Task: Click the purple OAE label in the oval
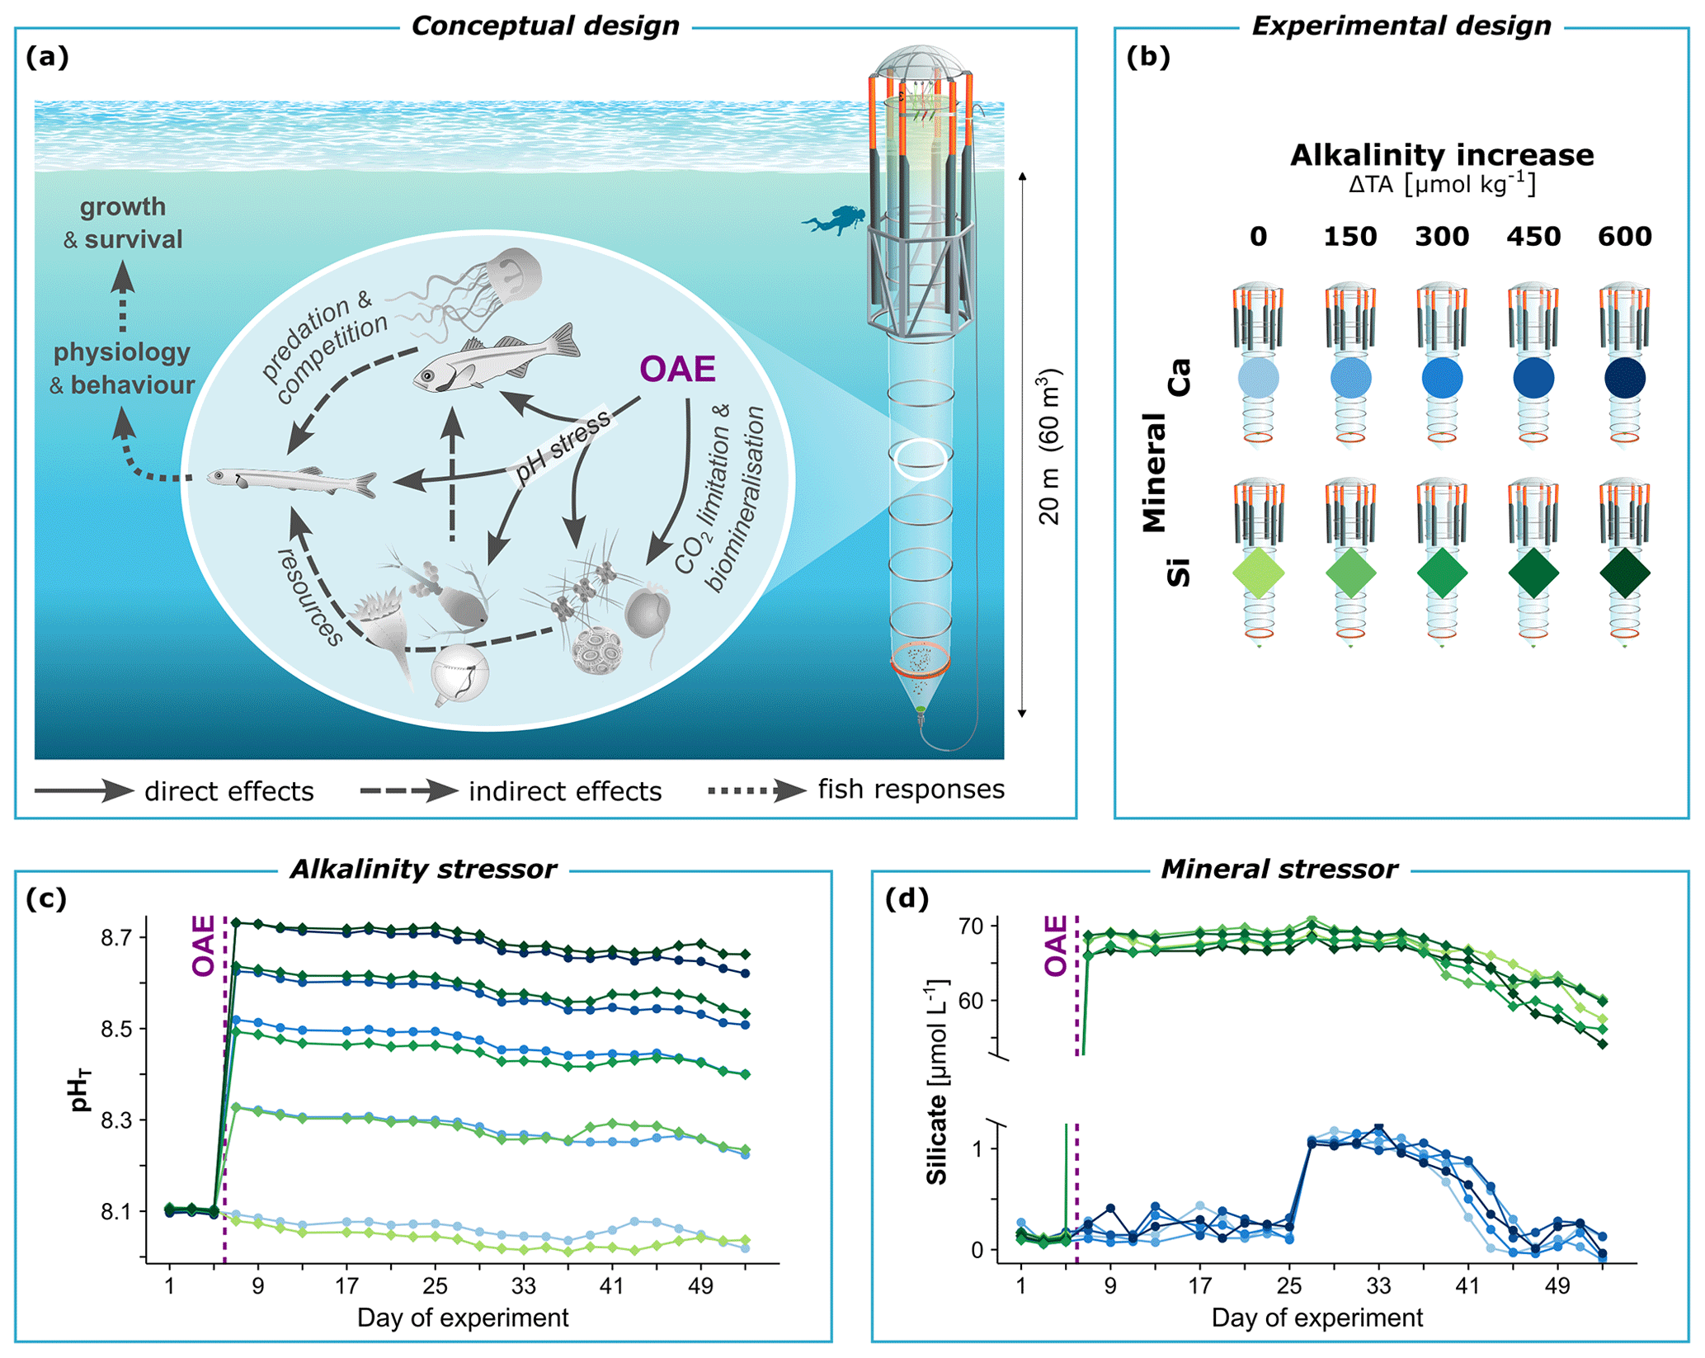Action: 677,369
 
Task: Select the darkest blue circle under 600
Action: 1624,379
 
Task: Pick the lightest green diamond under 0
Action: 1258,573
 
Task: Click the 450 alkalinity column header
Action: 1533,237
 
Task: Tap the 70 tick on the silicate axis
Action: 972,927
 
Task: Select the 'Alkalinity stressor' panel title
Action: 423,870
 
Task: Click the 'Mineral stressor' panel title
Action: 1279,870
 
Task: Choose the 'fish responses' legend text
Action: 911,790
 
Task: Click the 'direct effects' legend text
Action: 228,792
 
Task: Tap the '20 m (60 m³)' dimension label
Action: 1049,446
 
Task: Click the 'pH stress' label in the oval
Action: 563,446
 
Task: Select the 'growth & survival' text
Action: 123,223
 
